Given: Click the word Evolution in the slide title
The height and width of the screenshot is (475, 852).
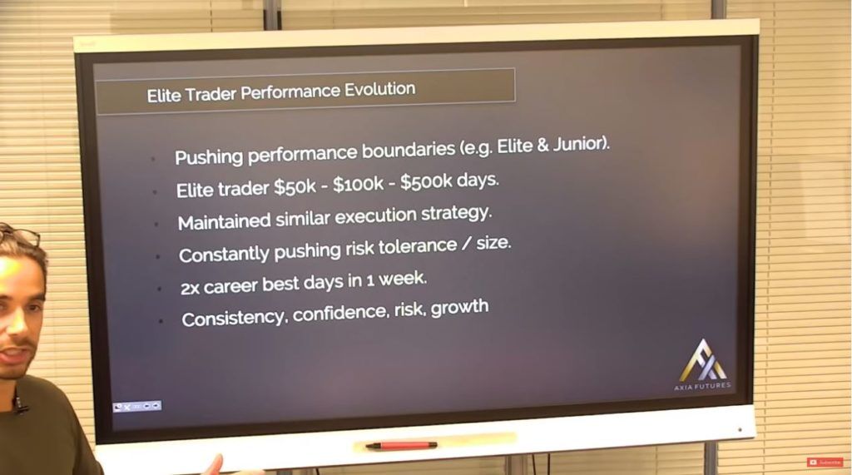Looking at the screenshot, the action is point(379,89).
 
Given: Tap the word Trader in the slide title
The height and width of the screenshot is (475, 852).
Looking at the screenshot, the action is point(211,94).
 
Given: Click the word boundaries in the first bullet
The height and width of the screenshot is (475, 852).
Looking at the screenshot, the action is point(408,150).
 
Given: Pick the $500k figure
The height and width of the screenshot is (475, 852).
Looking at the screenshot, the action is point(426,181).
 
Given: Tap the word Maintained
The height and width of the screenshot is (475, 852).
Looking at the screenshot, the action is point(224,221).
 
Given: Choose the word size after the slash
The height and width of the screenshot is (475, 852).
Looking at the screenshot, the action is point(493,243).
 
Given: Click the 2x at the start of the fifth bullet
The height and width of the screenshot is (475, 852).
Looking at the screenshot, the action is point(190,288).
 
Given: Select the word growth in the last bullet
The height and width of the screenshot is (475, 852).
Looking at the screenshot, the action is point(459,308).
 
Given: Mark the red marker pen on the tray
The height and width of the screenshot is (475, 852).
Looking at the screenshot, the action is point(401,446).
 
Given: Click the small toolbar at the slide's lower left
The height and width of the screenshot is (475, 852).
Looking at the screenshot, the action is point(137,406).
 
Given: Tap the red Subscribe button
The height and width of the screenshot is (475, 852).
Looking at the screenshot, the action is point(825,462).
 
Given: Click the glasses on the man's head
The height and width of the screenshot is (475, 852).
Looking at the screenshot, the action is point(20,235).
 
